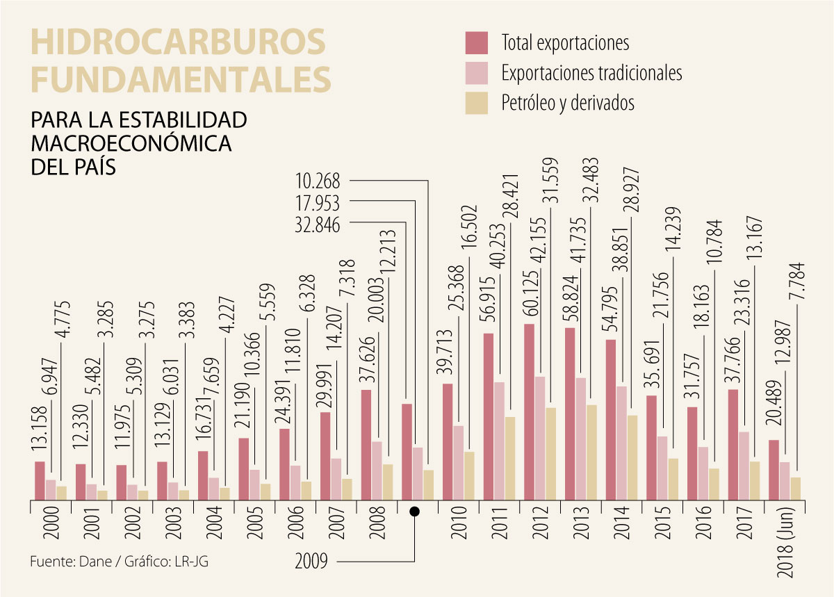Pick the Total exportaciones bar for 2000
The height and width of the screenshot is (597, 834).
pos(40,480)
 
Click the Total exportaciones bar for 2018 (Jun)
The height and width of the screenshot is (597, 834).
pos(774,470)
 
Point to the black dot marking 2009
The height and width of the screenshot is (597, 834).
pos(414,512)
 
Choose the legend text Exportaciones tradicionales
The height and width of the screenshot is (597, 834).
pos(591,72)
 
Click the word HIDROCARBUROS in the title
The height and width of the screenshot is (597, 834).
pos(178,43)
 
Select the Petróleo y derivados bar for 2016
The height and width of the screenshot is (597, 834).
pos(713,484)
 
